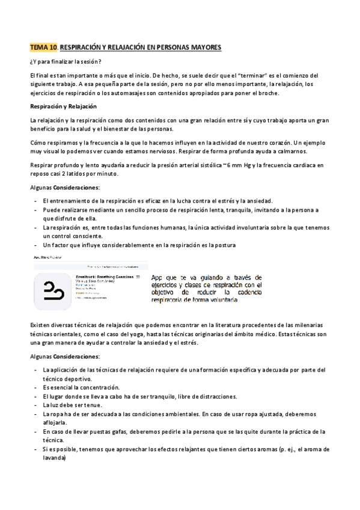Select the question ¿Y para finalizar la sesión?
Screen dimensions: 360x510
click(x=66, y=61)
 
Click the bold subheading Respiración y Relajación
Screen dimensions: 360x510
click(x=63, y=106)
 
